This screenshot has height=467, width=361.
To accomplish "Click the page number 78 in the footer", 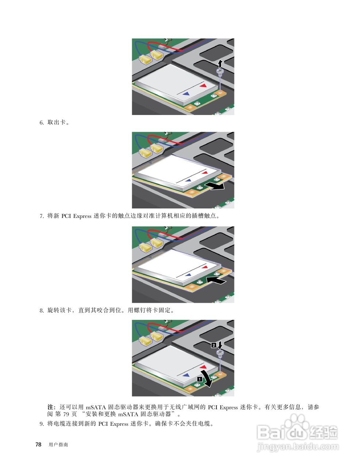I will click(x=38, y=445).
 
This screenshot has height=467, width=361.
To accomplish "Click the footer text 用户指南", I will click(x=58, y=445).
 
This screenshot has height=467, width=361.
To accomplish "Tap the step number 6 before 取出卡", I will click(x=41, y=123).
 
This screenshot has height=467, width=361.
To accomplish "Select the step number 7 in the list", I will click(x=41, y=216).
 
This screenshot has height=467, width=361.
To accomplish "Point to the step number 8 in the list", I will click(x=41, y=311).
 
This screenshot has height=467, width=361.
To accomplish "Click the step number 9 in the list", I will click(x=41, y=424).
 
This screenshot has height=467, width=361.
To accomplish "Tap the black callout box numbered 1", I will click(x=199, y=379).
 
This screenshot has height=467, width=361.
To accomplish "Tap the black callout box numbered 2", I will click(x=214, y=344).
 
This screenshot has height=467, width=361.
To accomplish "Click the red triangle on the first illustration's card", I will click(x=203, y=85).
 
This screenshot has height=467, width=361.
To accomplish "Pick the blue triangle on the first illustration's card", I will click(x=186, y=93).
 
